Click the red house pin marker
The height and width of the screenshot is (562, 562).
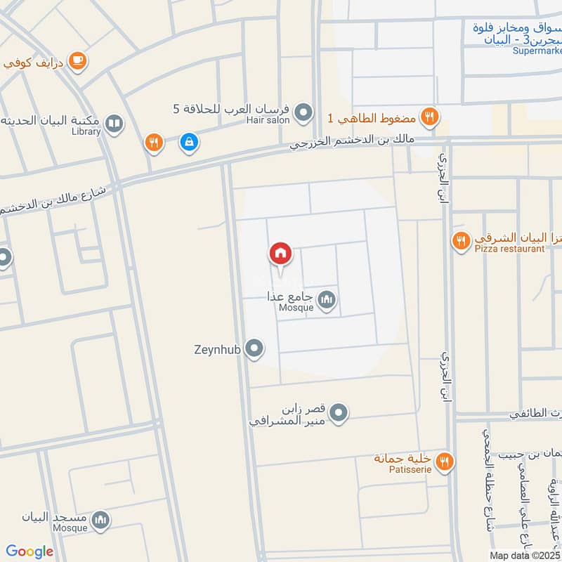click(280, 254)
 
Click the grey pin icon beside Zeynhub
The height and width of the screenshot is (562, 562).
click(255, 348)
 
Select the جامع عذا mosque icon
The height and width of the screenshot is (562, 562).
click(327, 301)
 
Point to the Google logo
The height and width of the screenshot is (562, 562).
click(30, 551)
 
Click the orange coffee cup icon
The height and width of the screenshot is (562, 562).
click(78, 61)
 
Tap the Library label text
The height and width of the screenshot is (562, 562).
click(86, 131)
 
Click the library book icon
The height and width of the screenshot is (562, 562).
click(113, 124)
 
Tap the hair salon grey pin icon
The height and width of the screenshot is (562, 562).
click(303, 112)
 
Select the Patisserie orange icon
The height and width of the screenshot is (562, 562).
click(444, 462)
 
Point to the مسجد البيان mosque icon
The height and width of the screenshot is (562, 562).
click(101, 521)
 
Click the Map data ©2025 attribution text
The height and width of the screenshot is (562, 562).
click(525, 555)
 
